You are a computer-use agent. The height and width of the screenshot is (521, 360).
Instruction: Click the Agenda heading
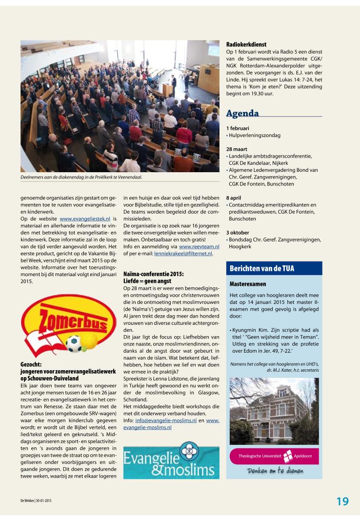tap(242, 114)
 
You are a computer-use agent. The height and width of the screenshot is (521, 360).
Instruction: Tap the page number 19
tap(342, 501)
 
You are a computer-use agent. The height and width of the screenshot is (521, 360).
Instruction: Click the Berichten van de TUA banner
tap(261, 268)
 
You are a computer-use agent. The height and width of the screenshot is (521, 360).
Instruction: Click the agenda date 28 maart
tap(238, 149)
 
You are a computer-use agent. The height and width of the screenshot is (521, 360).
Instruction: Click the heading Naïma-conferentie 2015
tap(154, 274)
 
